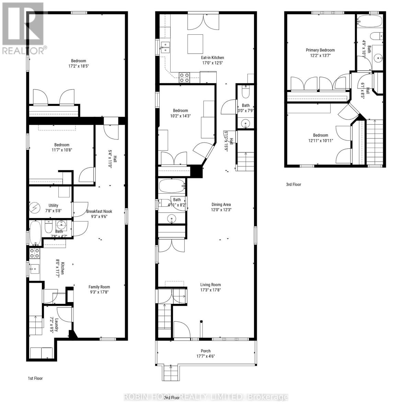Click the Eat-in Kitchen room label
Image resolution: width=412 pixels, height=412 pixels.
point(213,58)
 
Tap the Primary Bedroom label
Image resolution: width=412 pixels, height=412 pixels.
point(320,50)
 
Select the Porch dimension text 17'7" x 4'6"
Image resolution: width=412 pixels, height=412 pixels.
point(206,356)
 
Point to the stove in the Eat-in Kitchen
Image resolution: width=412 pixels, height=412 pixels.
point(184,78)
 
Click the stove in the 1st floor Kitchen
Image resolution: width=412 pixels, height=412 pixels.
point(34,253)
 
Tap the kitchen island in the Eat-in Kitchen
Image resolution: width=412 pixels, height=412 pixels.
point(195,44)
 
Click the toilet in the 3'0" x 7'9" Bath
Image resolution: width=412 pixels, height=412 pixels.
point(246,93)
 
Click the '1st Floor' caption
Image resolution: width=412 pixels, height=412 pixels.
point(35,378)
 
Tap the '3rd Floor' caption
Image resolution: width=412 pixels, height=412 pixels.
point(294,184)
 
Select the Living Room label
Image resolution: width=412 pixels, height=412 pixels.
point(210,285)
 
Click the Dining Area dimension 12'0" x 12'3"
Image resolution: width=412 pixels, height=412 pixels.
point(221,210)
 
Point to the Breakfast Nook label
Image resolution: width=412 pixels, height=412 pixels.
point(99,211)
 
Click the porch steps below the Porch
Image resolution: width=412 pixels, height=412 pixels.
point(169,373)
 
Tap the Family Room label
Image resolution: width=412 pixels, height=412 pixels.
point(99,287)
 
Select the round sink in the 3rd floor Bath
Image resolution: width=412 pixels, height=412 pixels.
point(379,58)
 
